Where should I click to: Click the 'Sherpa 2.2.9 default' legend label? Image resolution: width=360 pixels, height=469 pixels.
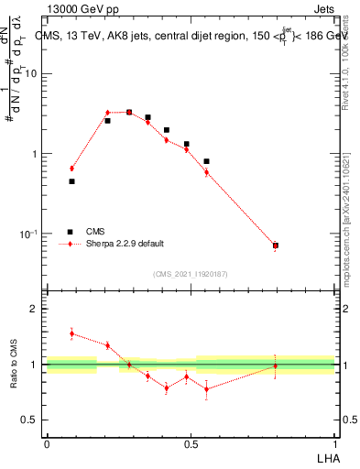pyautogui.click(x=125, y=244)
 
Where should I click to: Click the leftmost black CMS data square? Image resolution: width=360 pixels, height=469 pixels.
pyautogui.click(x=71, y=181)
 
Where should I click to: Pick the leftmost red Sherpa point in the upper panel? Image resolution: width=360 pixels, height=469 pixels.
pyautogui.click(x=71, y=169)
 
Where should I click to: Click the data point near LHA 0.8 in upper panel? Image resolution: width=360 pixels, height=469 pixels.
pyautogui.click(x=276, y=245)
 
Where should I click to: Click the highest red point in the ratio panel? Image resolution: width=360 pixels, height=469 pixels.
pyautogui.click(x=71, y=333)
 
